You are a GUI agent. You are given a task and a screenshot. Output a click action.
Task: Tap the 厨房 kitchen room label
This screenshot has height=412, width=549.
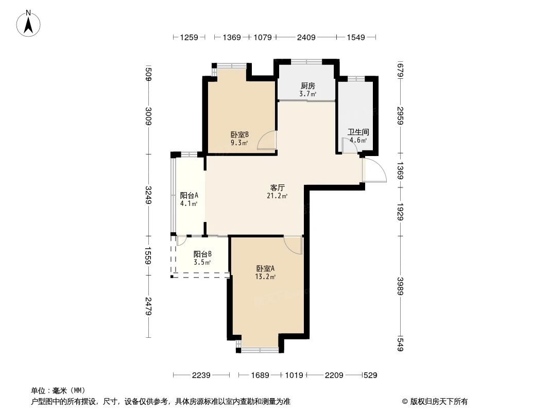pos(307,86)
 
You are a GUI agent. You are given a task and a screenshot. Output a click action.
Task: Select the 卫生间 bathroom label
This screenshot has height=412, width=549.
pos(358,132)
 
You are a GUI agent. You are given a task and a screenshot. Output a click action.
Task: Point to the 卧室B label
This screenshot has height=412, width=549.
pos(239,135)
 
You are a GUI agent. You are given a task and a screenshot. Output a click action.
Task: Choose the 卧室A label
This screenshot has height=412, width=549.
pos(266,268)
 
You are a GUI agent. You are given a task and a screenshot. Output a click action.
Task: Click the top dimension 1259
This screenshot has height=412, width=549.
pos(188,37)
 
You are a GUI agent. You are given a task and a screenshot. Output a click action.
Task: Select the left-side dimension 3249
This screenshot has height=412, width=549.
pos(148,195)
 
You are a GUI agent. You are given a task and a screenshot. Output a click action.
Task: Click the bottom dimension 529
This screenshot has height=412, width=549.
pos(370,375)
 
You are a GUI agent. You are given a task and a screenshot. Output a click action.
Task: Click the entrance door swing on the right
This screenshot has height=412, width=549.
pos(374,170)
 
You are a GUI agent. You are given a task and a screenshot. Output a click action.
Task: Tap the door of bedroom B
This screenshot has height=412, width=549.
pos(268,140)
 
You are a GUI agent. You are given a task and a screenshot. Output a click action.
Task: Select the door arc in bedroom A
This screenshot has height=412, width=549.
pos(294,245)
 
